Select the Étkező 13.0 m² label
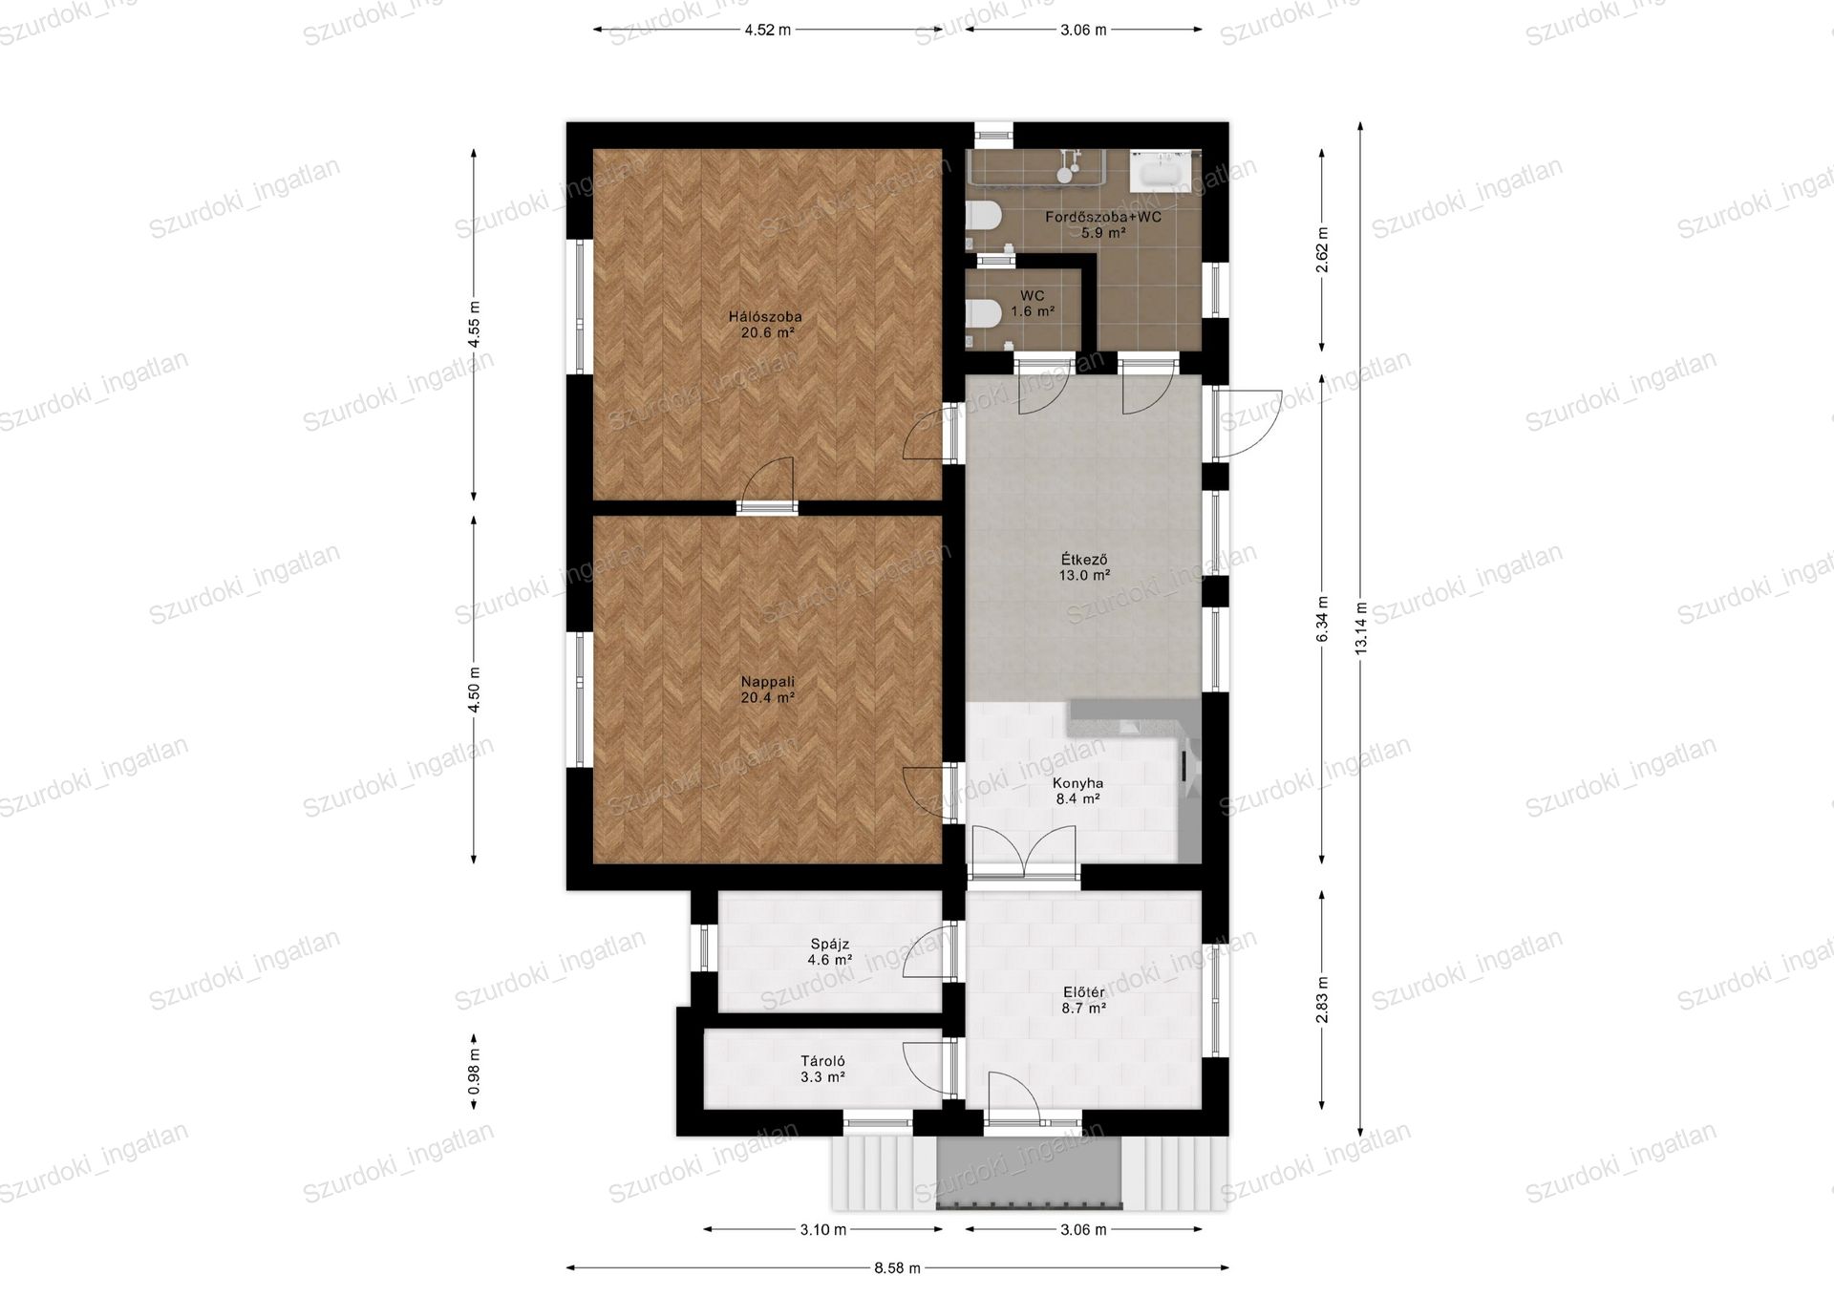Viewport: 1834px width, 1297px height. pos(1084,567)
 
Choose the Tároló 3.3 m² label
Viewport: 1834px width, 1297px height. pos(822,1069)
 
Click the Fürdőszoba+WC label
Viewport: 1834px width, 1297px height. pos(1103,217)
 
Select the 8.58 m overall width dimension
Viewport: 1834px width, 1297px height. pos(897,1268)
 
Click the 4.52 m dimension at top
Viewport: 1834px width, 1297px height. pos(768,30)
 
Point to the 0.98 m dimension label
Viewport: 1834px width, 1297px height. pos(474,1072)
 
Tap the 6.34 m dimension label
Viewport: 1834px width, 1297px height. pos(1323,619)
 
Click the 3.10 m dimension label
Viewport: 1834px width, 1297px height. pos(823,1229)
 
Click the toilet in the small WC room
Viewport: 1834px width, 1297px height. pos(983,312)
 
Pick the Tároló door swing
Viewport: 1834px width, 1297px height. pos(926,1068)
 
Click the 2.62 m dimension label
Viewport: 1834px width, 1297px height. pos(1323,250)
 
